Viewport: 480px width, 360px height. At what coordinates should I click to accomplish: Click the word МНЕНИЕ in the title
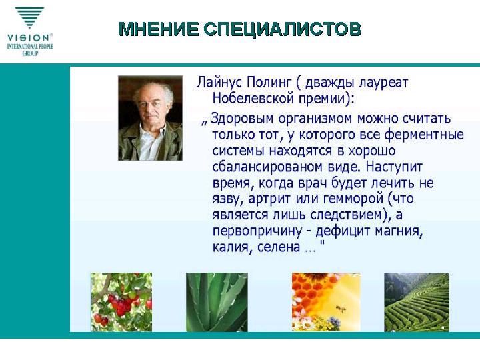pyautogui.click(x=159, y=29)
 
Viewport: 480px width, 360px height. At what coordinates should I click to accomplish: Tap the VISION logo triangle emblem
pyautogui.click(x=29, y=18)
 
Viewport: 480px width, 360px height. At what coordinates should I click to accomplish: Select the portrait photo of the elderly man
pyautogui.click(x=150, y=118)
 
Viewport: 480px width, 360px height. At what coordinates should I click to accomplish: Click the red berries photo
pyautogui.click(x=121, y=302)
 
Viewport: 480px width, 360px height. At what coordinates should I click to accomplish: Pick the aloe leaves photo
pyautogui.click(x=217, y=302)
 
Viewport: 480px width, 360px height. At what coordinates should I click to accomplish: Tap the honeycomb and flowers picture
pyautogui.click(x=326, y=302)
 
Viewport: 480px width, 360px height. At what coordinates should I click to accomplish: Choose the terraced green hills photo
pyautogui.click(x=417, y=302)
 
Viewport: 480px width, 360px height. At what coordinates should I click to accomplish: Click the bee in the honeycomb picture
pyautogui.click(x=341, y=308)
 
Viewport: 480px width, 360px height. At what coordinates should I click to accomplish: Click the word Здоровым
pyautogui.click(x=242, y=119)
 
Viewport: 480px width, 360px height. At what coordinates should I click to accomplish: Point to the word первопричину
pyautogui.click(x=257, y=231)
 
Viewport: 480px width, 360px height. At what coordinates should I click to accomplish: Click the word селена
pyautogui.click(x=278, y=247)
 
